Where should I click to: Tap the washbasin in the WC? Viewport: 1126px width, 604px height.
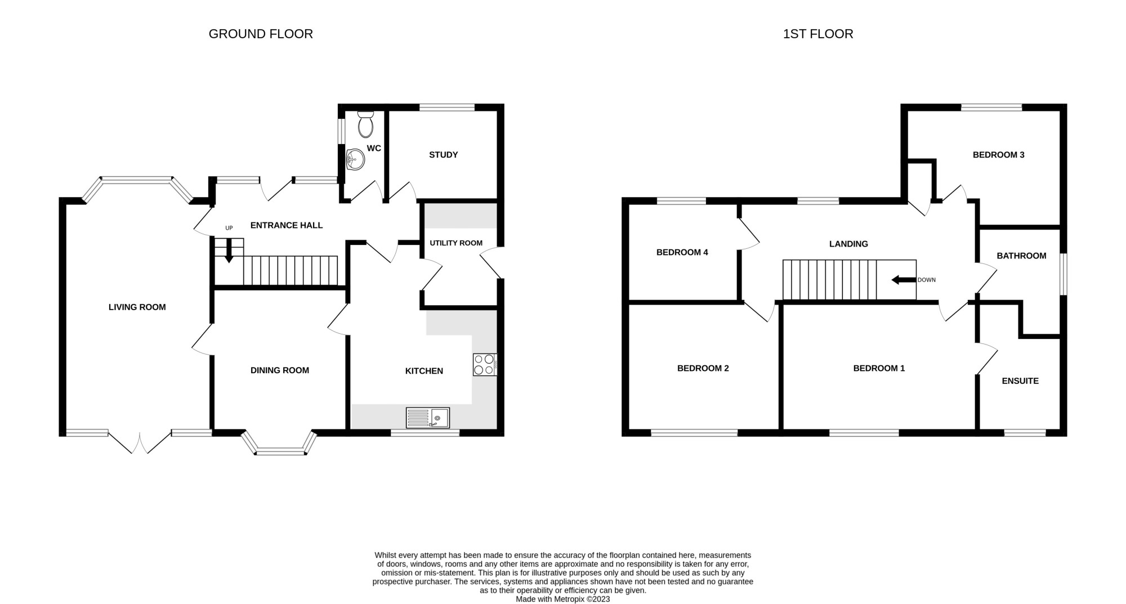pos(355,159)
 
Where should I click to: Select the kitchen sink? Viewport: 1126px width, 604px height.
pos(428,418)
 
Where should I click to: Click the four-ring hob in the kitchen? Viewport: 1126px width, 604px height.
pos(485,364)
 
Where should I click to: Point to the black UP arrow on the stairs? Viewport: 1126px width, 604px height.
pos(229,251)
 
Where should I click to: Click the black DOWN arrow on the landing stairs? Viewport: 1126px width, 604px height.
pos(903,280)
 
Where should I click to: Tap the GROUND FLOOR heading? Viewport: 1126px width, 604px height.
pos(261,34)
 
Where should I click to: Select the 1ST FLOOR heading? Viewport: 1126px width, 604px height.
pos(818,34)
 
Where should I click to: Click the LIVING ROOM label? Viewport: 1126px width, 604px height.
pos(137,307)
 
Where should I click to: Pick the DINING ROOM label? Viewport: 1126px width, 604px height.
pos(280,370)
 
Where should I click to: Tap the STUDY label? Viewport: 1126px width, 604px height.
pos(444,155)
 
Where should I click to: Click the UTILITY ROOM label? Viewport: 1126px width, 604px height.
pos(456,243)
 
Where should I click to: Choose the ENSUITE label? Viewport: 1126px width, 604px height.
pos(1020,381)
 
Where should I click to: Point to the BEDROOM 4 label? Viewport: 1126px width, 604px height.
pos(682,252)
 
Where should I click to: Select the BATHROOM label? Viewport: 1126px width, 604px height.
pos(1021,256)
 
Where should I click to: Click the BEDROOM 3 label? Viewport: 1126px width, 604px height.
pos(999,155)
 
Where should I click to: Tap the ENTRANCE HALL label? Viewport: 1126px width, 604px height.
pos(287,225)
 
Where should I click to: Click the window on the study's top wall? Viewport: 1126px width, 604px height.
pos(448,108)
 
